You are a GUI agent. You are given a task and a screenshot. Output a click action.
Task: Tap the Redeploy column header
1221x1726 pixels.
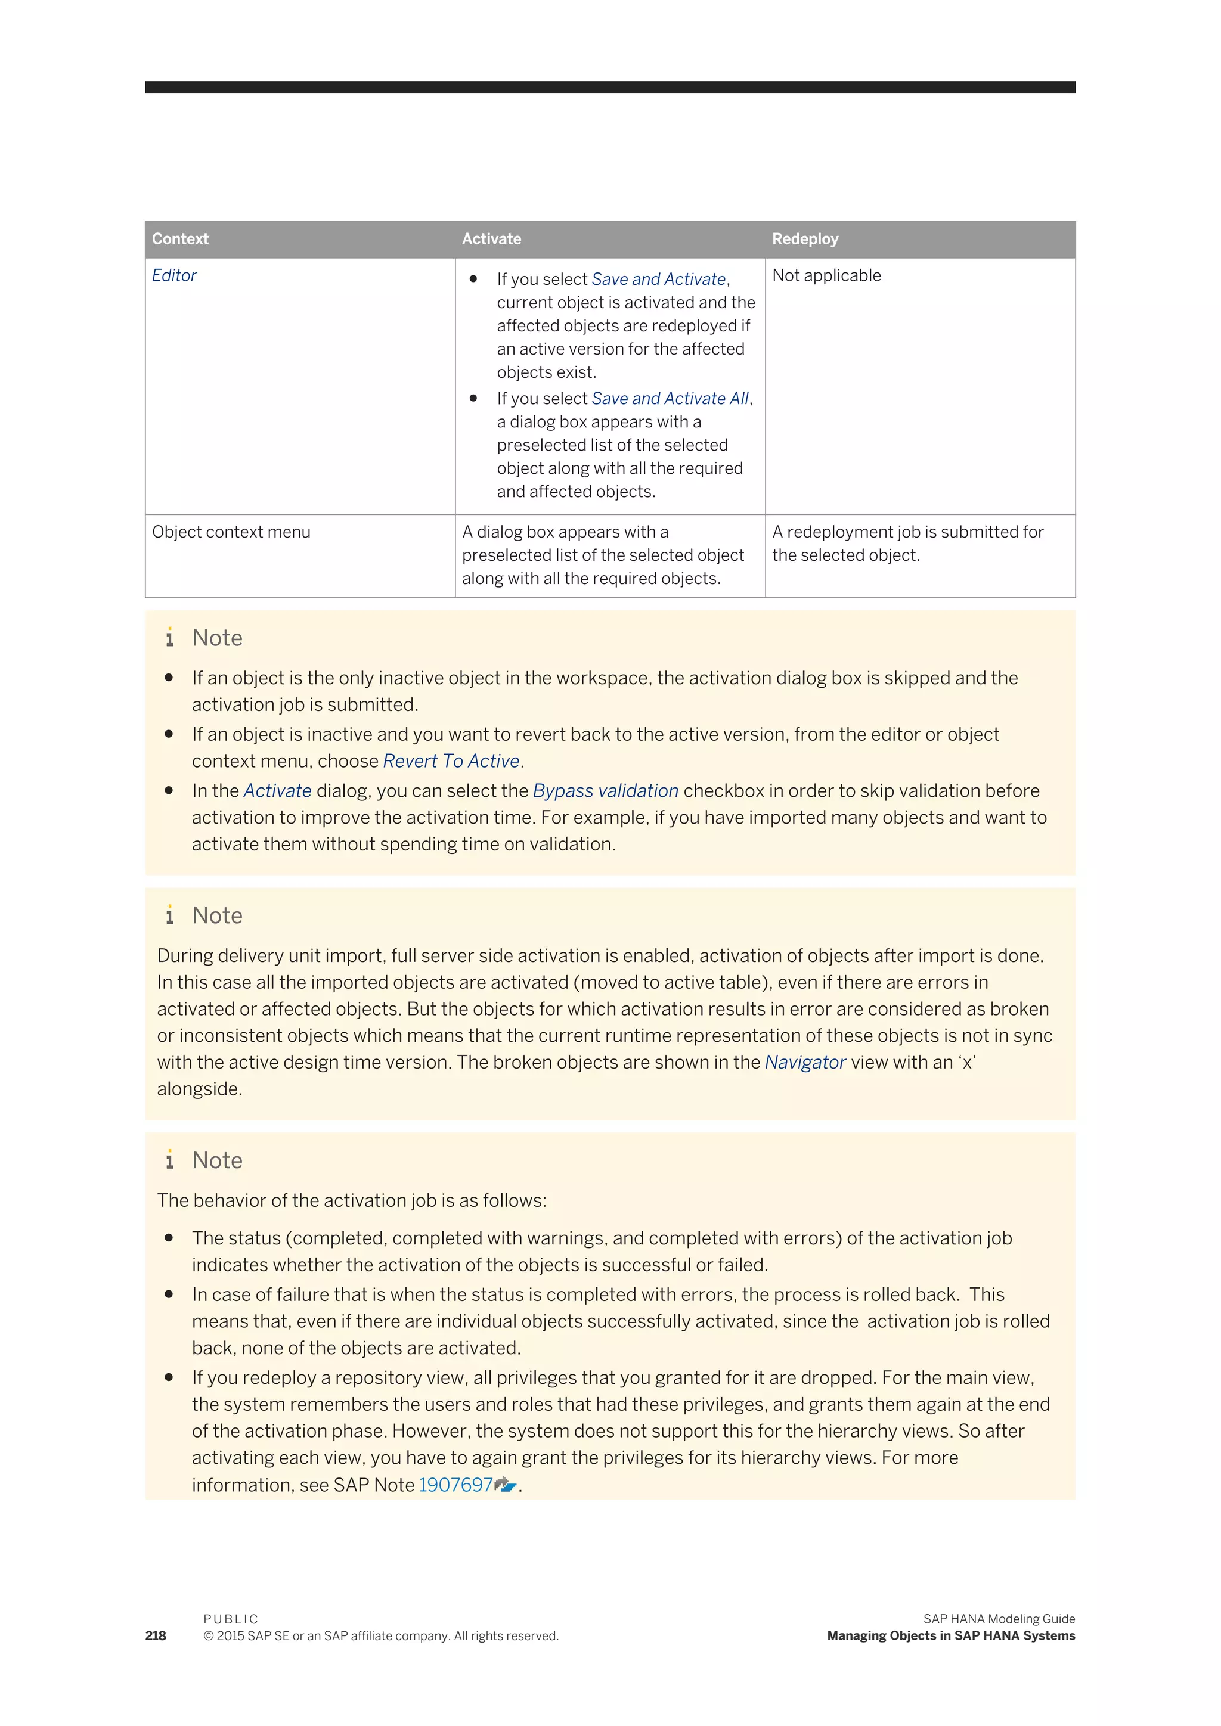point(804,239)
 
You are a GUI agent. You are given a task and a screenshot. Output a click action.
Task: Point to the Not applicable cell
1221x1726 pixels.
point(826,275)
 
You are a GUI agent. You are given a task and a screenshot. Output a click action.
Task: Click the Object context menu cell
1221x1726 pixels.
point(231,532)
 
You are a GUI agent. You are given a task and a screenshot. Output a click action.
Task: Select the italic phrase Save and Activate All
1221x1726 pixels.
point(670,399)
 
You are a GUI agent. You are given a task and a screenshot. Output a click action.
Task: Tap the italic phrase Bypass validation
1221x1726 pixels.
point(605,791)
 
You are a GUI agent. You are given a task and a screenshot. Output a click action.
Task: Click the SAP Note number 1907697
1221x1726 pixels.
point(455,1485)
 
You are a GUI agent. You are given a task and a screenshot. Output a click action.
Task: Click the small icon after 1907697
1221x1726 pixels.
point(505,1485)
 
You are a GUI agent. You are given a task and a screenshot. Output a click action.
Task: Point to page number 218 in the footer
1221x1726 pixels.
point(156,1636)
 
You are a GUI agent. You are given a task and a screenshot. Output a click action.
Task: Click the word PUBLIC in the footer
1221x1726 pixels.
point(230,1619)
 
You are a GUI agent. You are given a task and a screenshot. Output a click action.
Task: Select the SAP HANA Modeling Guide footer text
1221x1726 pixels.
point(999,1619)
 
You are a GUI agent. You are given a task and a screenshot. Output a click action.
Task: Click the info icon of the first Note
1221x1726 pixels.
point(170,638)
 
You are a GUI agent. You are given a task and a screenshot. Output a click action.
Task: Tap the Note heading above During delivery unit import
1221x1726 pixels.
point(217,915)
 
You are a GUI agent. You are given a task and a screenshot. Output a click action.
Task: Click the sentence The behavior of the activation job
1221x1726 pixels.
point(351,1200)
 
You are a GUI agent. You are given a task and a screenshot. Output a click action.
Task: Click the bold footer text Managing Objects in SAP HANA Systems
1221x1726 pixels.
point(950,1636)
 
